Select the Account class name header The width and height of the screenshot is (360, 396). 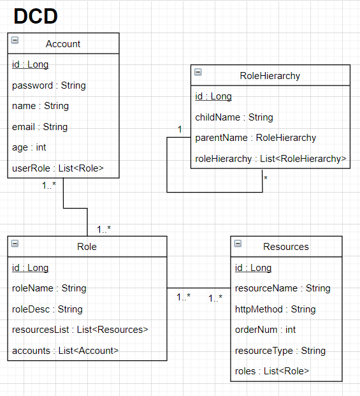(x=63, y=43)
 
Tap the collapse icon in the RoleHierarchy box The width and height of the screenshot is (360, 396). (x=198, y=72)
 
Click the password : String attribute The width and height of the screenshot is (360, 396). (x=48, y=85)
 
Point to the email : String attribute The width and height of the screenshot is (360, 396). (x=40, y=127)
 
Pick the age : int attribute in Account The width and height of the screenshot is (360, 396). (x=29, y=147)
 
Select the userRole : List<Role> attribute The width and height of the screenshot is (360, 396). (x=57, y=168)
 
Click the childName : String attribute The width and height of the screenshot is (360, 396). (x=234, y=117)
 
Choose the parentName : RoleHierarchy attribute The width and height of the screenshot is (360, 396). (x=255, y=138)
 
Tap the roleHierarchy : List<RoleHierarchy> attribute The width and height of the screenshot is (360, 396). (x=270, y=159)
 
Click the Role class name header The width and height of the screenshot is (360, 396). (x=87, y=246)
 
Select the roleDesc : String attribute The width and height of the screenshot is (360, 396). (x=47, y=309)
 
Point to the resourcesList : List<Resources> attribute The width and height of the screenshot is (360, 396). (x=80, y=330)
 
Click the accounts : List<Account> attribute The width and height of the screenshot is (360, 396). (x=65, y=350)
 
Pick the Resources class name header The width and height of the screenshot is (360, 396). (x=285, y=246)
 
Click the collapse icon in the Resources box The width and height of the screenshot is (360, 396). (x=238, y=244)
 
